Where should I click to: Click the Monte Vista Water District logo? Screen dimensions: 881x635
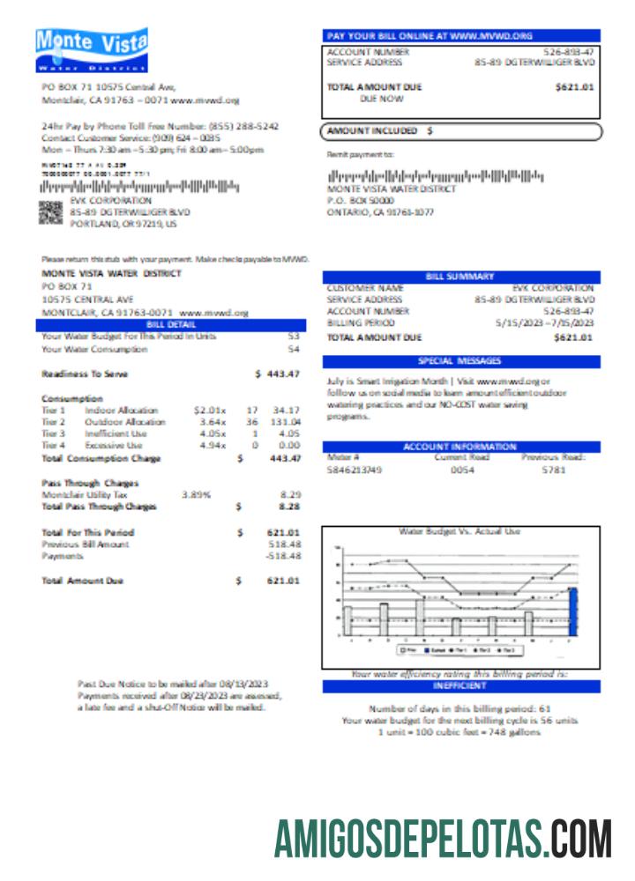(92, 50)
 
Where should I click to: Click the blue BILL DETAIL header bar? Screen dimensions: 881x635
(170, 324)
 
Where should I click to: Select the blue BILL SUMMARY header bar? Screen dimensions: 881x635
(460, 277)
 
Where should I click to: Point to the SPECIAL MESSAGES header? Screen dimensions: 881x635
(460, 361)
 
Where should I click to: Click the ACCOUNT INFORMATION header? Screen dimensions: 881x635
(460, 447)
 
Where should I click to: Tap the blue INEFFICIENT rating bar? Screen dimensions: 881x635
(460, 685)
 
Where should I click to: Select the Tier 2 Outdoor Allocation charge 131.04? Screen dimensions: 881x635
(285, 422)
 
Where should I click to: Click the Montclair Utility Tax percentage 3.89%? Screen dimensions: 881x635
(196, 495)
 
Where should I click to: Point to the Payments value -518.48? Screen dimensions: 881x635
(283, 556)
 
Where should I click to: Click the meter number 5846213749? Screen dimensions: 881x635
(355, 470)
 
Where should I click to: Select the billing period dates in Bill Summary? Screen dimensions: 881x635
(544, 323)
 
